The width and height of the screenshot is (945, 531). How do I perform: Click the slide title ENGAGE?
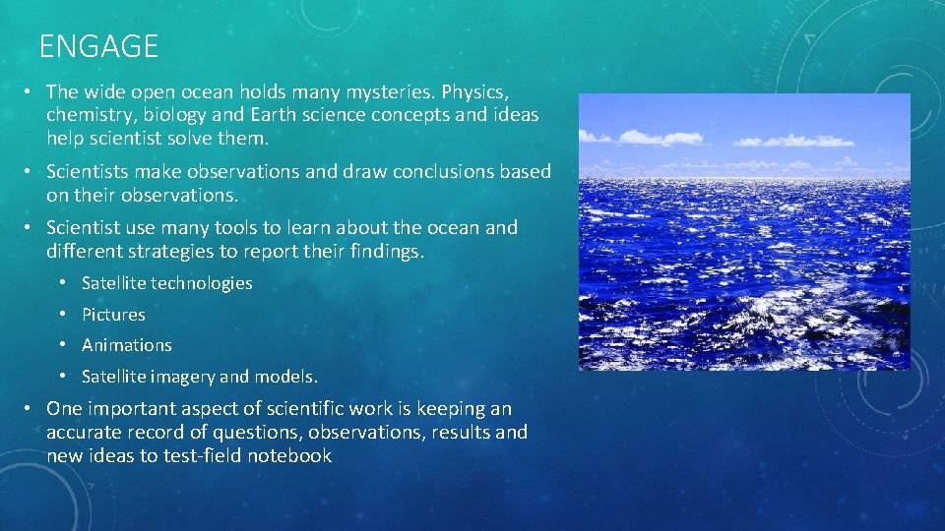(98, 46)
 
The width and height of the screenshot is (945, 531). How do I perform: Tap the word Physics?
(474, 91)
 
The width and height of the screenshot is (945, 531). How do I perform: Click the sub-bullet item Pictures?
(113, 315)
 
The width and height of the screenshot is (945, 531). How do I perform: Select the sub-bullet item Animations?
(126, 345)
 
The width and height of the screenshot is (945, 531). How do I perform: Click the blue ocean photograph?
(743, 231)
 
